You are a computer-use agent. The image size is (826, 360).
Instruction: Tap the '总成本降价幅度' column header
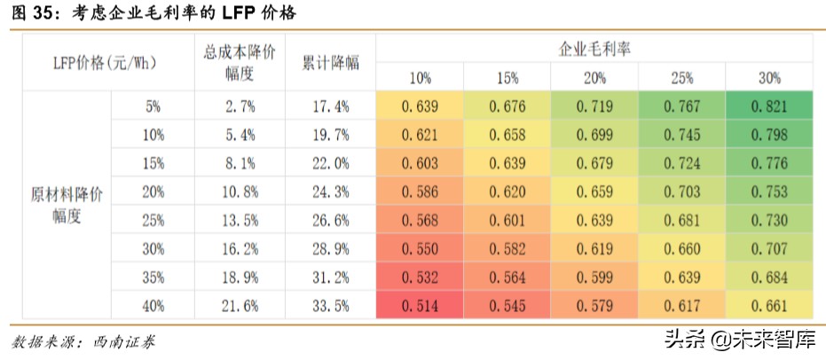click(240, 64)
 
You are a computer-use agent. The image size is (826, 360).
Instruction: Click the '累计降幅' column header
click(331, 64)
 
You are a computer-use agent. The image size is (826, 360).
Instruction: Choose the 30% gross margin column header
click(769, 78)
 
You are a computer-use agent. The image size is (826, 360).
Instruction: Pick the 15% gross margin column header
click(507, 78)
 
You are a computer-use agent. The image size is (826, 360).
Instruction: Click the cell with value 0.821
click(769, 106)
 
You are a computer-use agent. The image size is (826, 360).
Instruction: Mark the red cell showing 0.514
click(420, 305)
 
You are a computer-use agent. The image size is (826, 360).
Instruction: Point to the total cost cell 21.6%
click(240, 305)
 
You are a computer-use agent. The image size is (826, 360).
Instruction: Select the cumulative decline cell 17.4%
click(331, 106)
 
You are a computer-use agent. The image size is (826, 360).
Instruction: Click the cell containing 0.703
click(681, 192)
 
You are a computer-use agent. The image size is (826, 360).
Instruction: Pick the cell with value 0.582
click(507, 248)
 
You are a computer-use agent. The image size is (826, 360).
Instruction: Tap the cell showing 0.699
click(594, 135)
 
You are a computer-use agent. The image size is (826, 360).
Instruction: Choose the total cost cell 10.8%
click(240, 192)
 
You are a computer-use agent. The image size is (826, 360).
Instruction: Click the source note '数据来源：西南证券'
click(83, 341)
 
